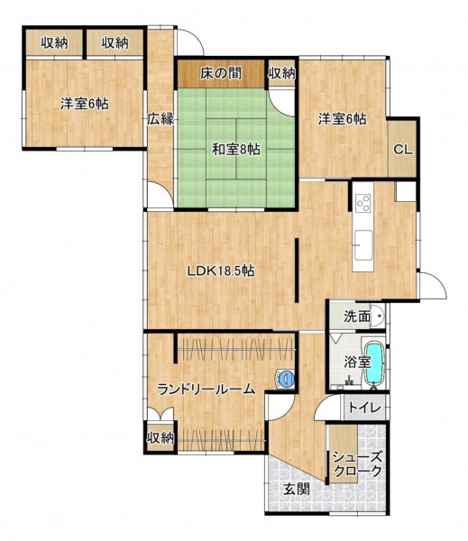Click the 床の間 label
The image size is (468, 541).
(x=221, y=74)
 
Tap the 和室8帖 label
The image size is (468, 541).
(x=236, y=150)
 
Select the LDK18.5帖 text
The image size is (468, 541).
(x=221, y=270)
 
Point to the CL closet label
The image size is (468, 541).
(x=403, y=150)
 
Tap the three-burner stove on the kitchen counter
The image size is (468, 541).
(x=363, y=203)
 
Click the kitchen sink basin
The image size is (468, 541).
(x=363, y=245)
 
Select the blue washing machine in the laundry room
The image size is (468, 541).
(x=285, y=379)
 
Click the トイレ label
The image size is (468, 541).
(x=365, y=408)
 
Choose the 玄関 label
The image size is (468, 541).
(x=297, y=489)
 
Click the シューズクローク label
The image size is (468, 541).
(x=357, y=464)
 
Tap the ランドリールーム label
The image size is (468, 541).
(x=206, y=390)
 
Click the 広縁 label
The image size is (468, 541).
(x=161, y=119)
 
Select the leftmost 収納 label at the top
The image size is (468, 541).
(x=54, y=42)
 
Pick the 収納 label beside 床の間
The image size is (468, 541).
(x=282, y=73)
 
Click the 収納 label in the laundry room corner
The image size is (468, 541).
(x=161, y=438)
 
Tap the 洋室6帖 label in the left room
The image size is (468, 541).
(x=85, y=104)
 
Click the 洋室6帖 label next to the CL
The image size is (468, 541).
(x=342, y=119)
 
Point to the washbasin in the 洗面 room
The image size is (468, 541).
(x=378, y=316)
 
